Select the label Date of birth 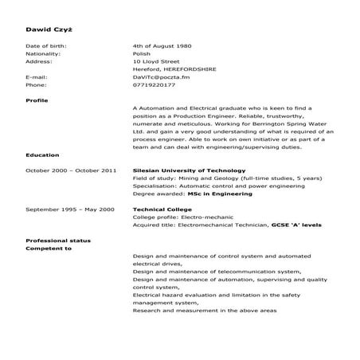pos(46,46)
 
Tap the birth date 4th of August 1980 pos(162,46)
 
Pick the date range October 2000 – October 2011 pos(71,170)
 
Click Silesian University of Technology pos(184,170)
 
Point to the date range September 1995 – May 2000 pos(70,209)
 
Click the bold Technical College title pos(159,209)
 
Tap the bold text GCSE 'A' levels pos(296,225)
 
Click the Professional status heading pos(58,241)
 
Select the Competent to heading pos(49,248)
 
